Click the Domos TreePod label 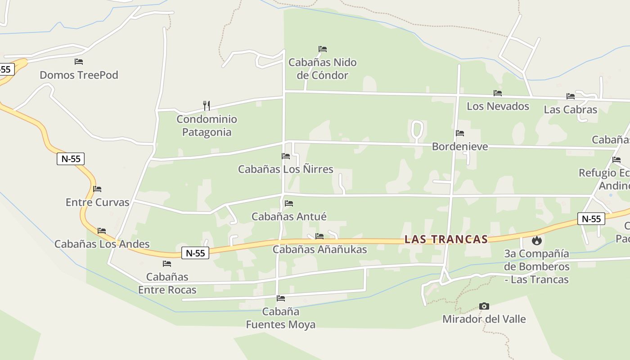coord(79,75)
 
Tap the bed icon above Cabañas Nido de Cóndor coord(323,49)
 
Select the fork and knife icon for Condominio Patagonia coord(207,106)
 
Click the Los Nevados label coord(498,106)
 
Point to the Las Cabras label coord(570,109)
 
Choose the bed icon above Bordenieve coord(460,133)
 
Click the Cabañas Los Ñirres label coord(285,169)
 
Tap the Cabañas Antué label coord(289,216)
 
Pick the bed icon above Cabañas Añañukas coord(319,236)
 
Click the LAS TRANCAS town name coord(446,239)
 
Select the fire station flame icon coord(536,241)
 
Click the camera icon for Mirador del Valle coord(484,306)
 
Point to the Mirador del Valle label coord(484,319)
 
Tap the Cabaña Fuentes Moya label coord(281,318)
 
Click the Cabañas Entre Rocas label coord(167,283)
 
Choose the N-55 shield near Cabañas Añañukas coord(195,253)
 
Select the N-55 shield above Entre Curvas coord(71,158)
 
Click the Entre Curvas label coord(98,202)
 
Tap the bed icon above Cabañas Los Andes coord(102,231)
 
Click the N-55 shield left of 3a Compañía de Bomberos coord(591,219)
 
